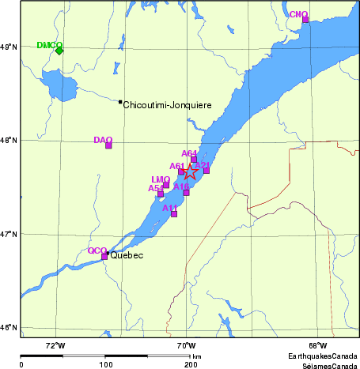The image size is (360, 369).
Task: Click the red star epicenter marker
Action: pyautogui.click(x=191, y=171)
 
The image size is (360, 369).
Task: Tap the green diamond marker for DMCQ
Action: pyautogui.click(x=59, y=51)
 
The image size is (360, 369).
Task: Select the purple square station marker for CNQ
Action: pyautogui.click(x=305, y=19)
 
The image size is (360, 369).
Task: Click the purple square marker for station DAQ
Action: pyautogui.click(x=108, y=145)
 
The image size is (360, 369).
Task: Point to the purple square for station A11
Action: pyautogui.click(x=174, y=213)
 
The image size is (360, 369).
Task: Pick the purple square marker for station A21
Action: pyautogui.click(x=207, y=170)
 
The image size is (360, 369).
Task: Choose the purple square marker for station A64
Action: pyautogui.click(x=194, y=159)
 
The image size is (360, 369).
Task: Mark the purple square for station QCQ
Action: pyautogui.click(x=104, y=256)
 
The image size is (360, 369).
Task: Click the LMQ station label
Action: pyautogui.click(x=160, y=180)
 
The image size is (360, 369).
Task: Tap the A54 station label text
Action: pyautogui.click(x=156, y=188)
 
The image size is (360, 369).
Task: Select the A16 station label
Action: pyautogui.click(x=181, y=186)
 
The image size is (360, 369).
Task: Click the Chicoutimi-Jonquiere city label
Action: pyautogui.click(x=167, y=104)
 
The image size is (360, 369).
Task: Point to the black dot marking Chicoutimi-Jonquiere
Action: pyautogui.click(x=120, y=102)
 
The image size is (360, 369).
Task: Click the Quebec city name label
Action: pyautogui.click(x=127, y=256)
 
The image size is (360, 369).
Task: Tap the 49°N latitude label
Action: pyautogui.click(x=9, y=47)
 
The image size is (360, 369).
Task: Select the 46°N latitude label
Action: pyautogui.click(x=9, y=328)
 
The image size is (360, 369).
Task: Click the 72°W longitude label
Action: pyautogui.click(x=55, y=345)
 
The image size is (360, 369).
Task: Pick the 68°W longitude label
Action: pyautogui.click(x=318, y=345)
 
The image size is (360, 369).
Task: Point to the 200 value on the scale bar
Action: pyautogui.click(x=191, y=364)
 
